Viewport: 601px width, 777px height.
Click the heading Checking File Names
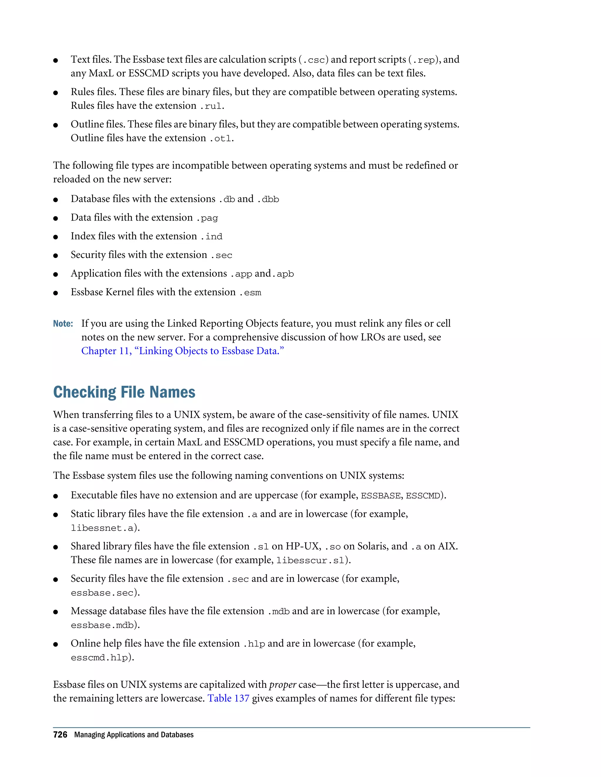tap(124, 392)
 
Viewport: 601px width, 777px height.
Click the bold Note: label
tap(63, 324)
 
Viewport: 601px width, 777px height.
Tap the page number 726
tap(60, 735)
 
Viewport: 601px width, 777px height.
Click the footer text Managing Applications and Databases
tap(134, 735)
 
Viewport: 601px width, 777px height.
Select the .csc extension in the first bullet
tap(314, 60)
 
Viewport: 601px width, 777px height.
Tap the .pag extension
tap(207, 218)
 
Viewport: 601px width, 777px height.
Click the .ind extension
tap(212, 237)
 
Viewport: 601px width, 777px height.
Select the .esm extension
tap(250, 292)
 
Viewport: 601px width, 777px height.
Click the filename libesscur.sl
tap(310, 560)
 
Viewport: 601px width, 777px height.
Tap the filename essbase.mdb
tap(102, 625)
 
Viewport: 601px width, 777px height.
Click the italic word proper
tap(283, 685)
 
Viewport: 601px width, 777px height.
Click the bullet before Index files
tap(55, 237)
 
